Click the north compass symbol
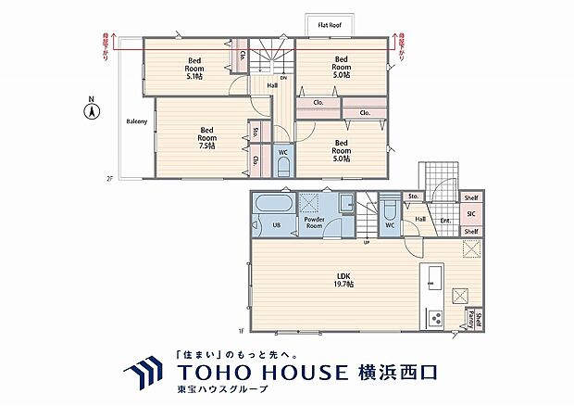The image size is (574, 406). click(92, 111)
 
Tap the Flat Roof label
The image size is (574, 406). click(331, 25)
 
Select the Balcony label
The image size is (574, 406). click(137, 121)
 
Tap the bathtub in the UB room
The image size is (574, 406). click(273, 203)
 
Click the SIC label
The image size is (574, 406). click(470, 214)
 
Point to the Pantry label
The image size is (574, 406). click(469, 321)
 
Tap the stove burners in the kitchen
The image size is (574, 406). click(433, 319)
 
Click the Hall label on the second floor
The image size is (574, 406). click(272, 85)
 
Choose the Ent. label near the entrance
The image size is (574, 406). click(445, 220)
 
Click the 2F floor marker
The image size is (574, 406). click(108, 178)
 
